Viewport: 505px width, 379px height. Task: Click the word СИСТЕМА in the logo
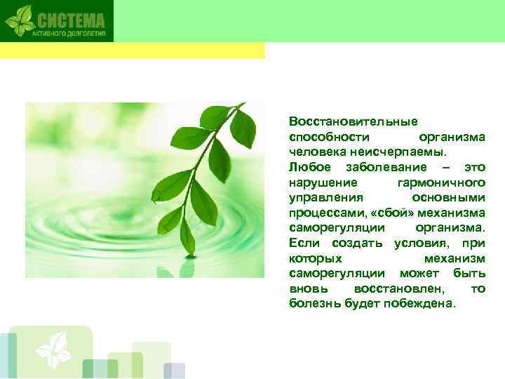point(71,18)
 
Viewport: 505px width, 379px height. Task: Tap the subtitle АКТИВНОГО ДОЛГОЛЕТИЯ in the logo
point(70,32)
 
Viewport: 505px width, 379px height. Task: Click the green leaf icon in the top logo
point(20,20)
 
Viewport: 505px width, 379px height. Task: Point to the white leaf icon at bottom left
point(53,349)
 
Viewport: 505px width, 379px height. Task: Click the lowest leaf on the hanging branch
point(187,238)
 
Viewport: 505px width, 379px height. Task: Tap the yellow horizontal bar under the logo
point(133,51)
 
